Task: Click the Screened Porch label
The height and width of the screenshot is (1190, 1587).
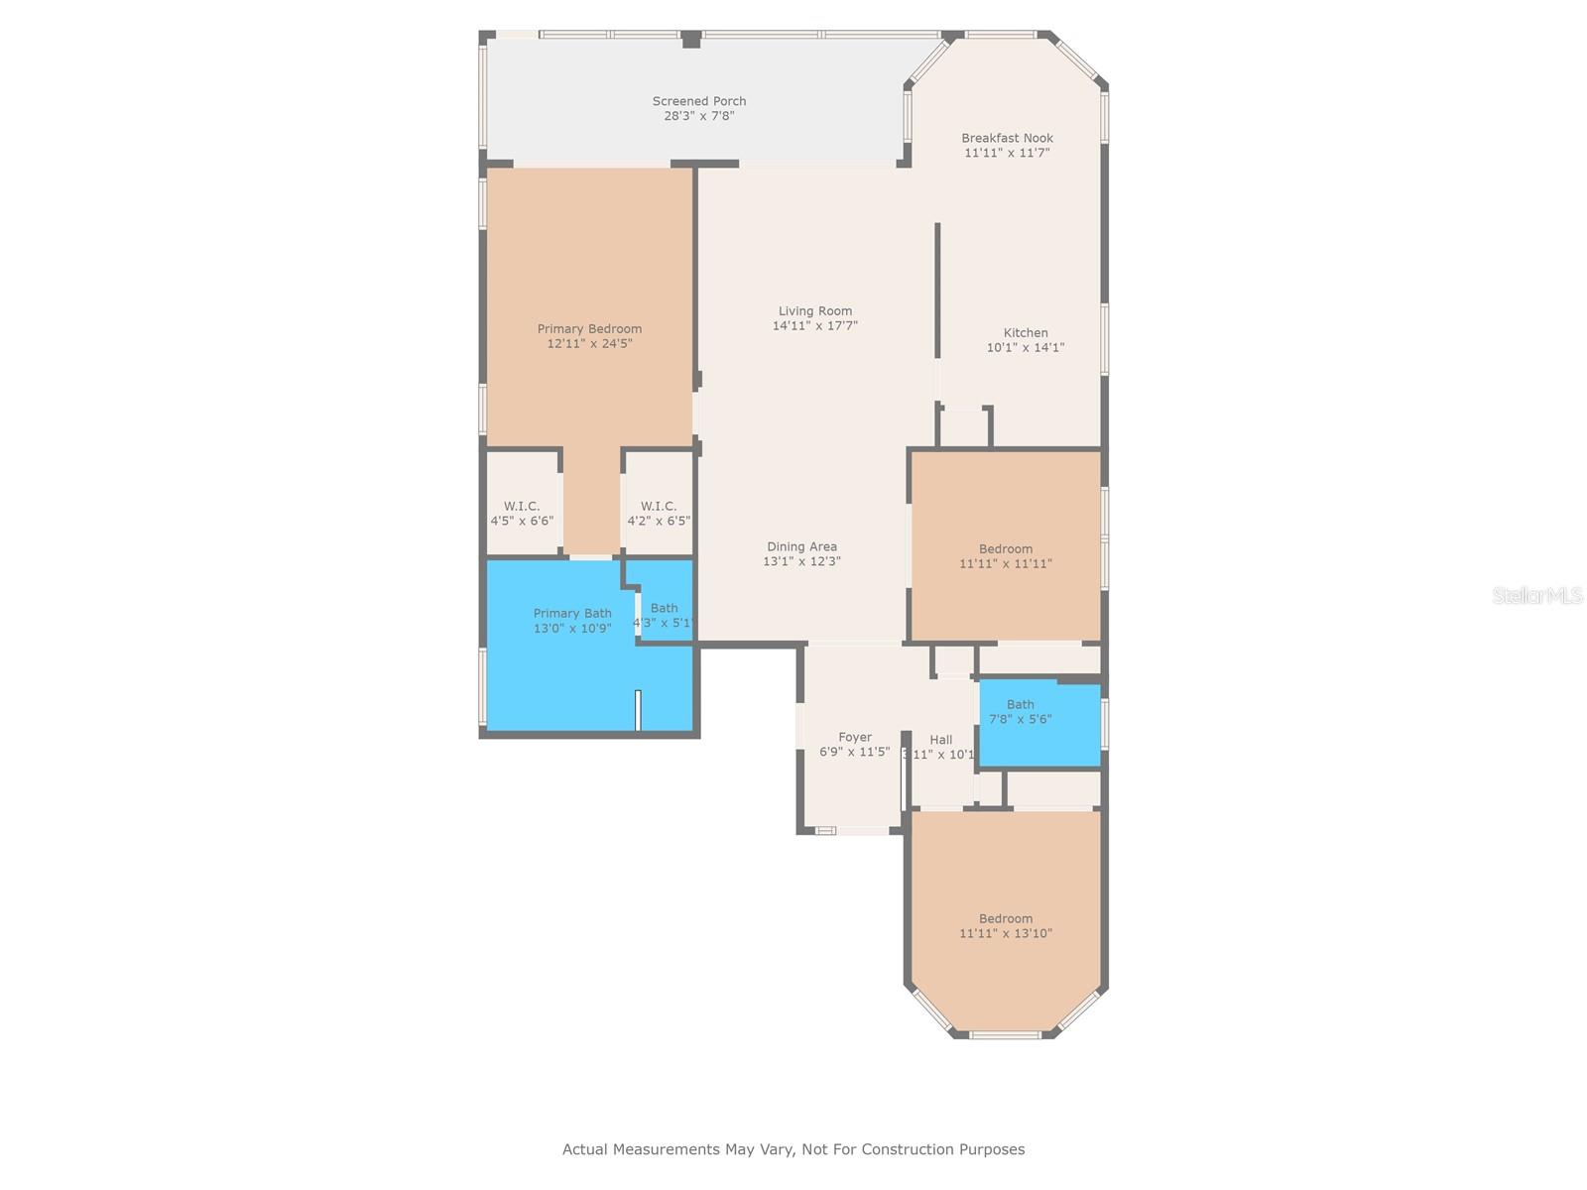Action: [698, 101]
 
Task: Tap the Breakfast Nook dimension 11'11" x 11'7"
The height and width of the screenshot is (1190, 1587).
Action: [1007, 153]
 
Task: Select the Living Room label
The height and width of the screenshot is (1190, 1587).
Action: [814, 311]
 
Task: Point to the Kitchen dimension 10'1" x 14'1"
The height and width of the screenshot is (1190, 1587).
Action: [1025, 347]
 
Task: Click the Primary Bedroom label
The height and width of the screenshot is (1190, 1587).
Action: [589, 329]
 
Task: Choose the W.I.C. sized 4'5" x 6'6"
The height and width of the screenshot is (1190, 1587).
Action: [522, 513]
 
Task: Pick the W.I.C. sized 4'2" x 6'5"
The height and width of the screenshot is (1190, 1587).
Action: [658, 513]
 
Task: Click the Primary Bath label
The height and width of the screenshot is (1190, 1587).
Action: [572, 614]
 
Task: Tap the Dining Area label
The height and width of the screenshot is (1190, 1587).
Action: [801, 546]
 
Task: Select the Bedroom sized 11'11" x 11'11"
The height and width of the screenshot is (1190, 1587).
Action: [1005, 555]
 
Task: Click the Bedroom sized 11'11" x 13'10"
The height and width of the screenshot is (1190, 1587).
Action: [1005, 925]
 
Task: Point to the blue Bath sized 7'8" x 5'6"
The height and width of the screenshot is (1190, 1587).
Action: [1020, 712]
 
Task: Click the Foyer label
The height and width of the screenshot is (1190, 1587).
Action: [854, 738]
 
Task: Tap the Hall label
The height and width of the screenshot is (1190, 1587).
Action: [940, 740]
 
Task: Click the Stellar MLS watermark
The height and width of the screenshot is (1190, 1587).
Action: [1536, 595]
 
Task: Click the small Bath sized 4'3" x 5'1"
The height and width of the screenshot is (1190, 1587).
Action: [664, 609]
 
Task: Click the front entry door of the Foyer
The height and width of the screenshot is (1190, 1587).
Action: [851, 830]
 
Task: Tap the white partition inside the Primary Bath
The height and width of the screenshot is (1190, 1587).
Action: [638, 710]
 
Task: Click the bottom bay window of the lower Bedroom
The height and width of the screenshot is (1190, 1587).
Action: [1005, 1035]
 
